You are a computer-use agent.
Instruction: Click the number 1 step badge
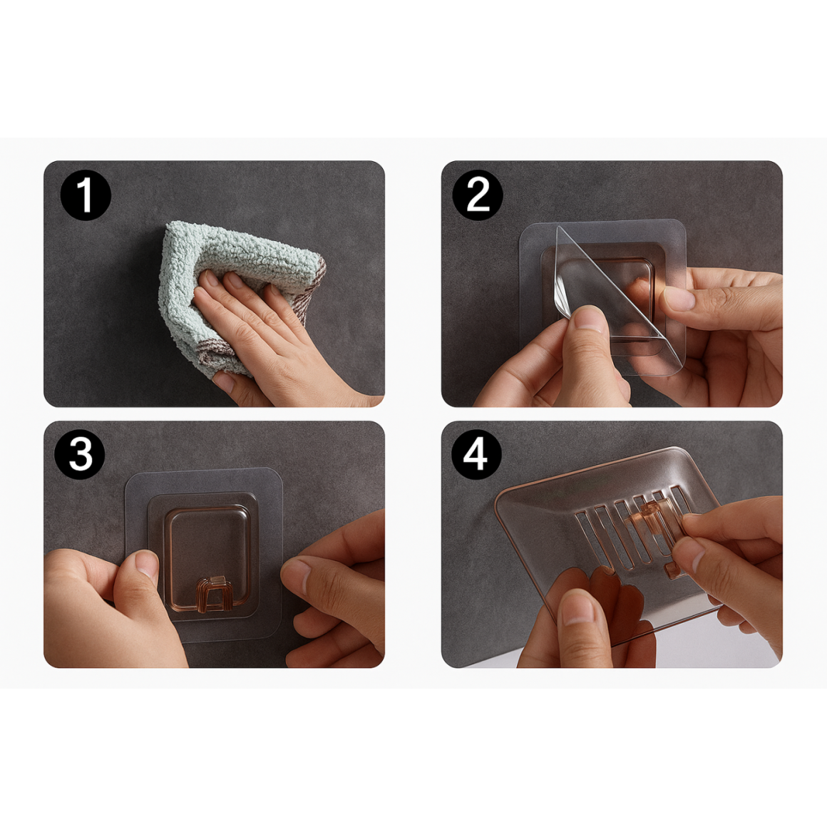tap(86, 195)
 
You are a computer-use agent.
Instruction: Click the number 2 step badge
tap(478, 195)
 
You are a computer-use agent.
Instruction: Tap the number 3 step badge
tap(80, 454)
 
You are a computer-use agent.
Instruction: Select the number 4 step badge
tap(476, 454)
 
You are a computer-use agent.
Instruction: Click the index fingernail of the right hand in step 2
tap(678, 298)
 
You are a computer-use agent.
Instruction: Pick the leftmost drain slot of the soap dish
tap(589, 533)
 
